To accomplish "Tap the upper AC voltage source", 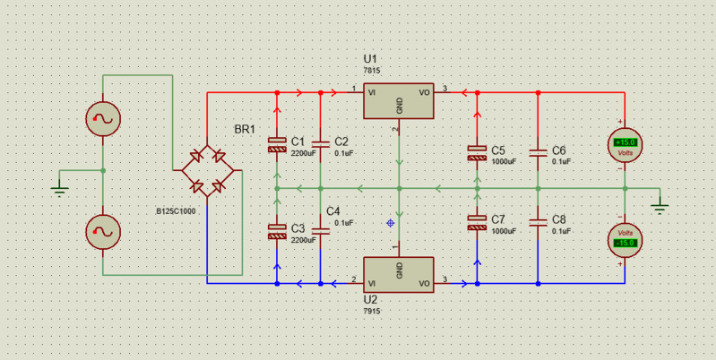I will [x=103, y=118].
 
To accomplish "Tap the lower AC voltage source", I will [x=103, y=233].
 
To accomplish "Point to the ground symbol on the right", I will [x=660, y=208].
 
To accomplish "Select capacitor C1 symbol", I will [x=276, y=144].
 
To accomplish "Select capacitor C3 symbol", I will [x=276, y=231].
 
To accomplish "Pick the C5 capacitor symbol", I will [x=477, y=152].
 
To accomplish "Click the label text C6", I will [x=559, y=150].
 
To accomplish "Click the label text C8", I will [x=559, y=219].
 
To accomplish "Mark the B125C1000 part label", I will [x=176, y=212].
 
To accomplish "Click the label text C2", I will [x=341, y=141].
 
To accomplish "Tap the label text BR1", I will [x=245, y=130].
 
